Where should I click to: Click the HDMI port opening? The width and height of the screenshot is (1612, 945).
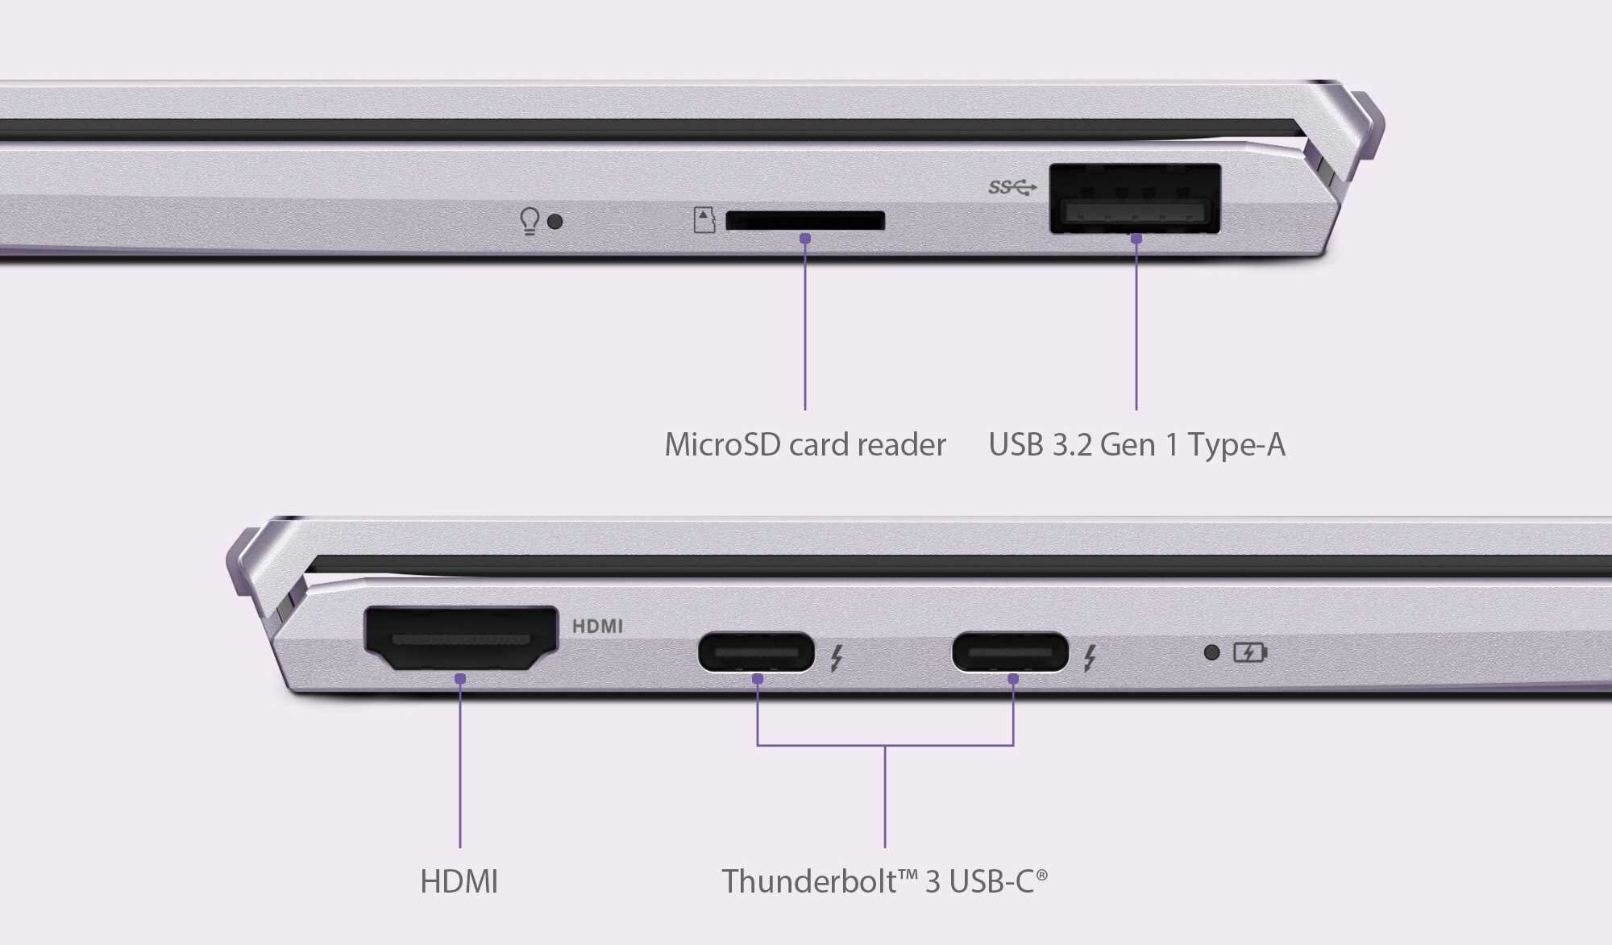pos(461,638)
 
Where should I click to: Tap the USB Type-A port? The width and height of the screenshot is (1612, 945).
pos(1135,199)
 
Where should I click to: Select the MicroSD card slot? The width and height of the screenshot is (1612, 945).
pos(804,220)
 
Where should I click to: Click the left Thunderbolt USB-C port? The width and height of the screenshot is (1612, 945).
pos(756,652)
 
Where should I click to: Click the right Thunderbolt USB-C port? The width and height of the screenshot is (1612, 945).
pos(1010,652)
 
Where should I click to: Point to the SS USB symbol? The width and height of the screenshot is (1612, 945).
pos(1012,188)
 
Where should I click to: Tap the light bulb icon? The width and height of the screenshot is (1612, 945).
pos(529,220)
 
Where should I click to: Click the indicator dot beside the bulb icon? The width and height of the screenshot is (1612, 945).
pos(555,221)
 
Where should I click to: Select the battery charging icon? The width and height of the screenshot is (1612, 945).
pos(1250,652)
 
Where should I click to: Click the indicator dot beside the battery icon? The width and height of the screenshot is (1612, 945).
pos(1211,652)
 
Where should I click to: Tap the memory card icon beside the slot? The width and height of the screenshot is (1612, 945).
pos(704,219)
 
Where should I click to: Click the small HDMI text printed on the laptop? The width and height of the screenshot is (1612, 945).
pos(597,626)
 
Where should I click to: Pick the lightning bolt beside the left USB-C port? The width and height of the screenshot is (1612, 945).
pos(837,658)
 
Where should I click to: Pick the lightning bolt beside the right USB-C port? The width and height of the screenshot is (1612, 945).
pos(1090,658)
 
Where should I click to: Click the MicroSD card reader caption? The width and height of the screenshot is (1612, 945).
pos(804,444)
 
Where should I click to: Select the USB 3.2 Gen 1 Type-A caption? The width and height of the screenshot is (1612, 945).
pos(1136,444)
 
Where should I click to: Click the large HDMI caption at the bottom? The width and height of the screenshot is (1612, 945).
pos(459,881)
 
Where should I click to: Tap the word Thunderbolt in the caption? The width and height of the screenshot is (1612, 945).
pos(808,881)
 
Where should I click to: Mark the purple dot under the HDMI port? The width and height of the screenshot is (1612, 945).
pos(460,679)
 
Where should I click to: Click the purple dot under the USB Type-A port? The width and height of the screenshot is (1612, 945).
pos(1136,239)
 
